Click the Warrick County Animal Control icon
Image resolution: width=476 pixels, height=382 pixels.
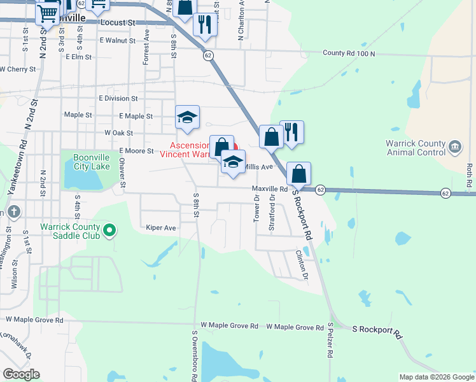tap(455, 147)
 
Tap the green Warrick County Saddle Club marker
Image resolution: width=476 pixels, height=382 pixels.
tap(109, 230)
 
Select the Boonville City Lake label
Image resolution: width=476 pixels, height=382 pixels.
tap(83, 162)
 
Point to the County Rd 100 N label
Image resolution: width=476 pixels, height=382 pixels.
tap(349, 53)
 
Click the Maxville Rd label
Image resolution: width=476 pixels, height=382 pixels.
tap(270, 189)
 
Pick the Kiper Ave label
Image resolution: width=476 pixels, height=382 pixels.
tap(160, 227)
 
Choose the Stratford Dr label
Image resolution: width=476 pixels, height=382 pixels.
tap(272, 216)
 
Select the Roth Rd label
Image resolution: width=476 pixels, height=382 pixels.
tap(469, 176)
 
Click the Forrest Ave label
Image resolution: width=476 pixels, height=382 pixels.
tap(146, 46)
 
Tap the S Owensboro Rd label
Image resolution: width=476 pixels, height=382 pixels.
tap(195, 353)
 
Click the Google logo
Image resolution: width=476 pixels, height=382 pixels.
tap(21, 374)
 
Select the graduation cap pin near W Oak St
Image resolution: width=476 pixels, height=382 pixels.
tap(188, 117)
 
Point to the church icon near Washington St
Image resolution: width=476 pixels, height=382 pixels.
tap(15, 211)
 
